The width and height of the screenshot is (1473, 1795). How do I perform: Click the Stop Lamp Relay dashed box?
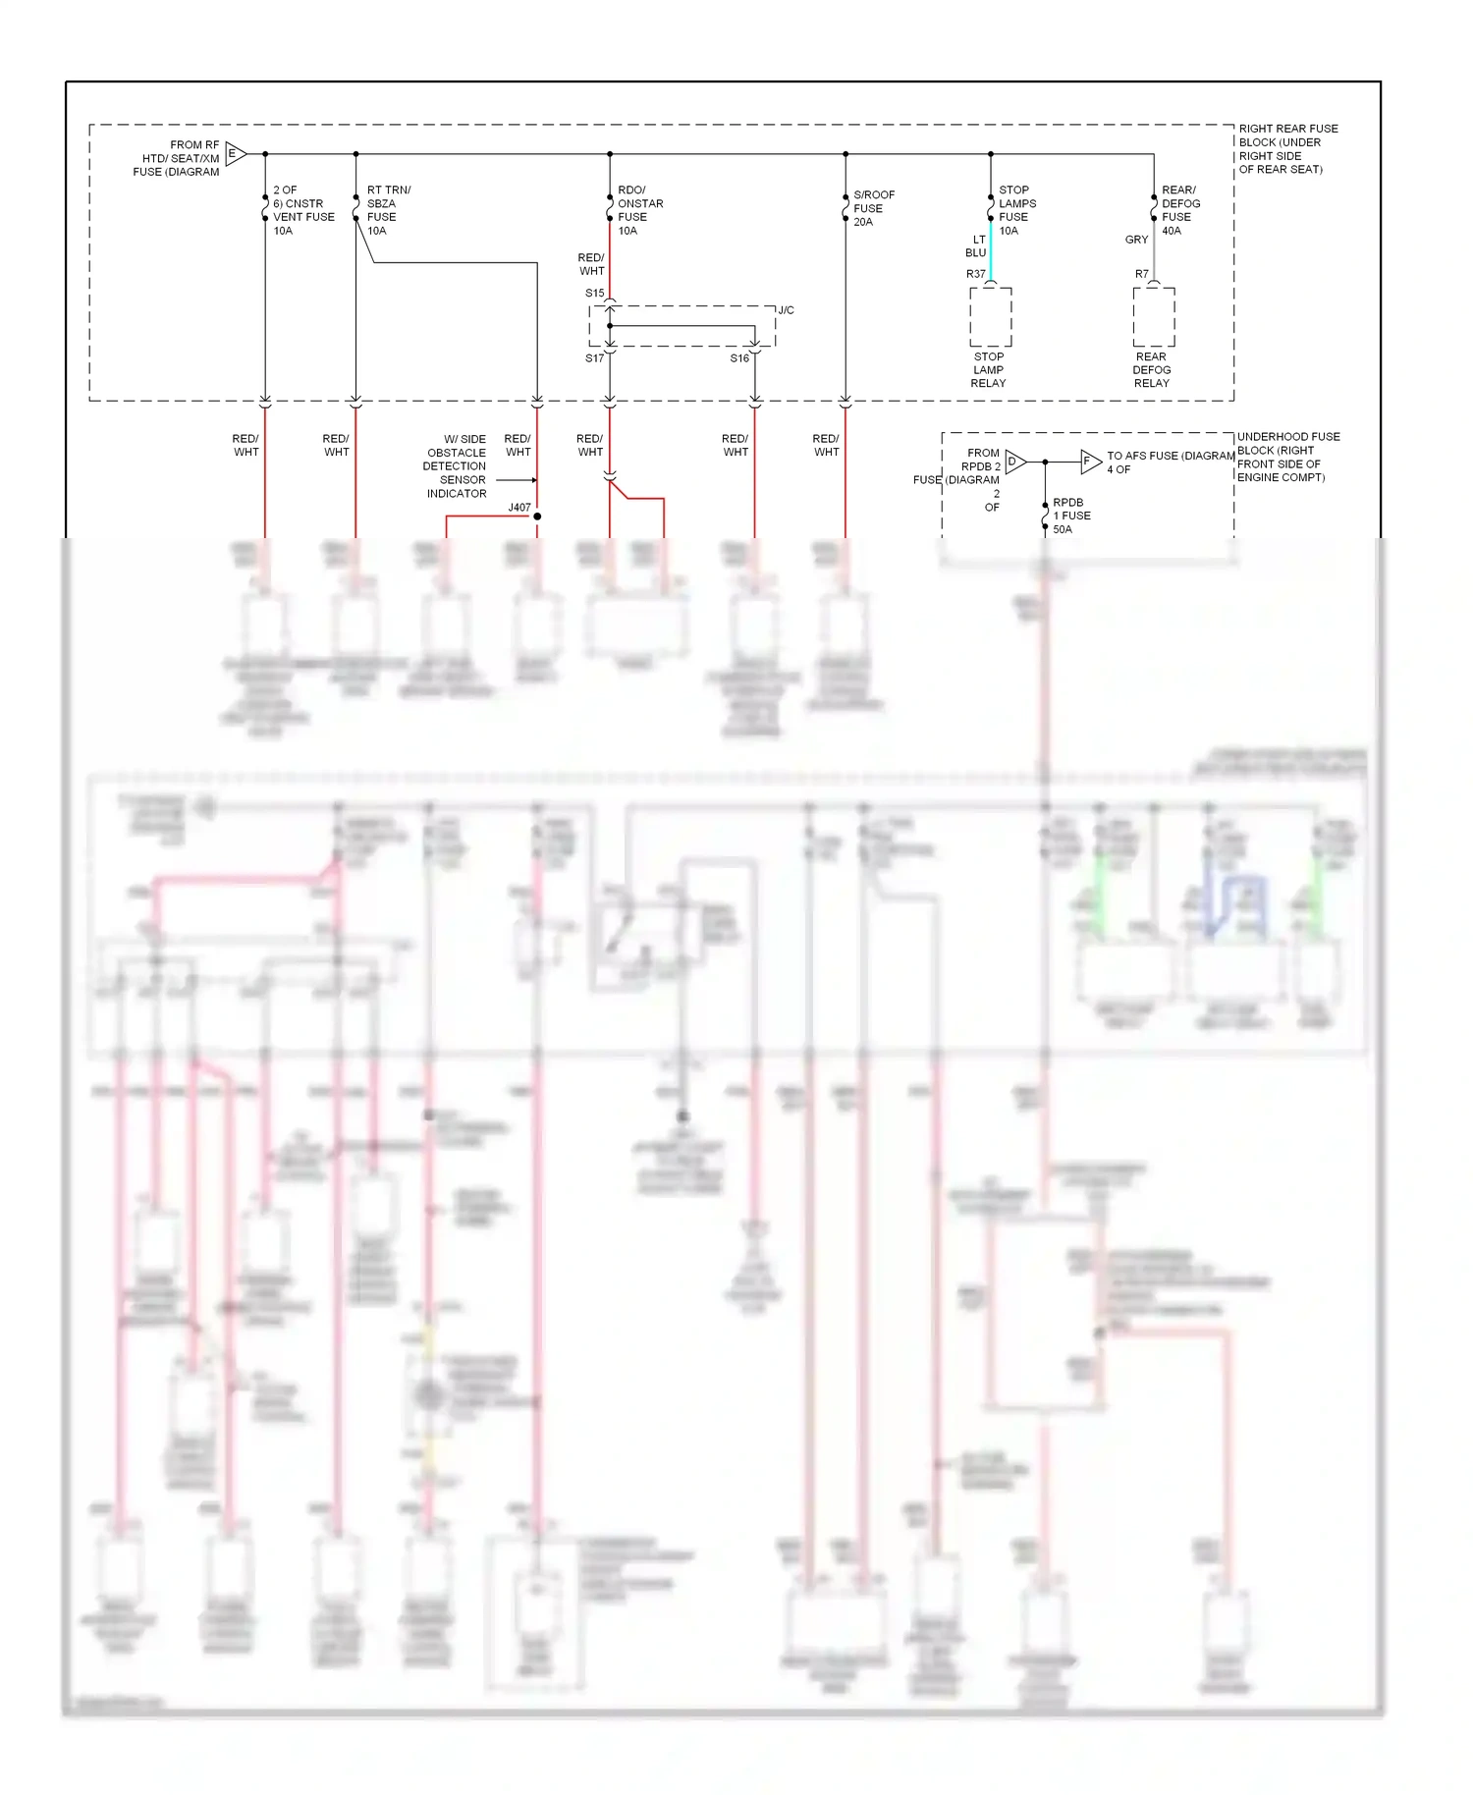coord(990,317)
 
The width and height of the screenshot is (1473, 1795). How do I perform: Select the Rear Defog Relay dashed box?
coord(1153,317)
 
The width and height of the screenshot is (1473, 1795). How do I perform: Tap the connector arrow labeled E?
coord(236,154)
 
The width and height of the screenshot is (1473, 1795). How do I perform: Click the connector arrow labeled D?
coord(1015,462)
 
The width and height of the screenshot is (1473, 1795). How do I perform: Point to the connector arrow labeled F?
coord(1090,462)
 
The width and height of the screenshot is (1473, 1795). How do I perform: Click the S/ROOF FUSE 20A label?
coord(873,208)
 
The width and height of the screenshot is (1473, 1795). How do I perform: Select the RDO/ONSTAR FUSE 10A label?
coord(639,210)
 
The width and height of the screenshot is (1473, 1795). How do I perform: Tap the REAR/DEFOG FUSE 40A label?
coord(1180,210)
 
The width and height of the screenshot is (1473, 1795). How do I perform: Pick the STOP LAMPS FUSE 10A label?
coord(1016,210)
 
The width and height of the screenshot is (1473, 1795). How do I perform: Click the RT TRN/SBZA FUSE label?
coord(388,210)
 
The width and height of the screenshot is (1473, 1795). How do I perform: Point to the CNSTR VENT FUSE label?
coord(302,210)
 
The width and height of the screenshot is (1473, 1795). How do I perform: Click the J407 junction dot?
coord(537,517)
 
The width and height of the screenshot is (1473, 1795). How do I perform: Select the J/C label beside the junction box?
coord(786,310)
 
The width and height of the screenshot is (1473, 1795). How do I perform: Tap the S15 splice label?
coord(594,294)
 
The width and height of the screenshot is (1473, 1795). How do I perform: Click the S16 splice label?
coord(738,358)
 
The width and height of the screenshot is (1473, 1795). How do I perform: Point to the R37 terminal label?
coord(975,274)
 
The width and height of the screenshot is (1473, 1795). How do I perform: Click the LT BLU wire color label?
coord(976,246)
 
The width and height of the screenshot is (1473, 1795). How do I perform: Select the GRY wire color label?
coord(1136,240)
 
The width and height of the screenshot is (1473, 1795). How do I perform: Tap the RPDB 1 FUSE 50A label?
coord(1071,516)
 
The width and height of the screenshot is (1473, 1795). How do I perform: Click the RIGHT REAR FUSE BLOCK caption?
coord(1286,149)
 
